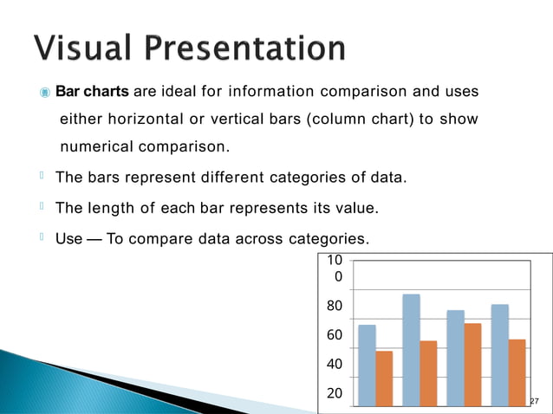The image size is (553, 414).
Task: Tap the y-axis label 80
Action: click(x=334, y=306)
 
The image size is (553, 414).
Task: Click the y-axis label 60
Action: click(x=334, y=335)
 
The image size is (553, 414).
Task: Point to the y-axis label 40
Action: click(x=334, y=365)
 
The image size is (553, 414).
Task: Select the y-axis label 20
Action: click(x=334, y=392)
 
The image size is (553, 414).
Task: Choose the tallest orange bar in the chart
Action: click(x=473, y=364)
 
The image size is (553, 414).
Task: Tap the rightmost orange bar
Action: click(x=517, y=372)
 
